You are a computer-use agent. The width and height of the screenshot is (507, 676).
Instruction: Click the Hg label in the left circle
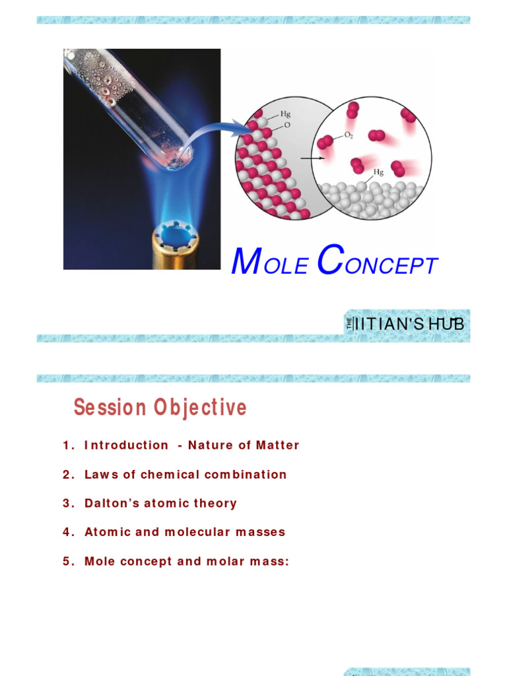285,114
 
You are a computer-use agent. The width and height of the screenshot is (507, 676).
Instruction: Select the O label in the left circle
287,125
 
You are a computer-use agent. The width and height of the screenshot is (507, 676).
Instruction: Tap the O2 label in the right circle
349,135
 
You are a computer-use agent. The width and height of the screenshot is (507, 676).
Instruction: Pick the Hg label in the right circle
379,172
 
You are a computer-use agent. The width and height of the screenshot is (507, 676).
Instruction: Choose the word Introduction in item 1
126,445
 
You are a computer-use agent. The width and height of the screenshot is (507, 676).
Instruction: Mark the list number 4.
67,532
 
